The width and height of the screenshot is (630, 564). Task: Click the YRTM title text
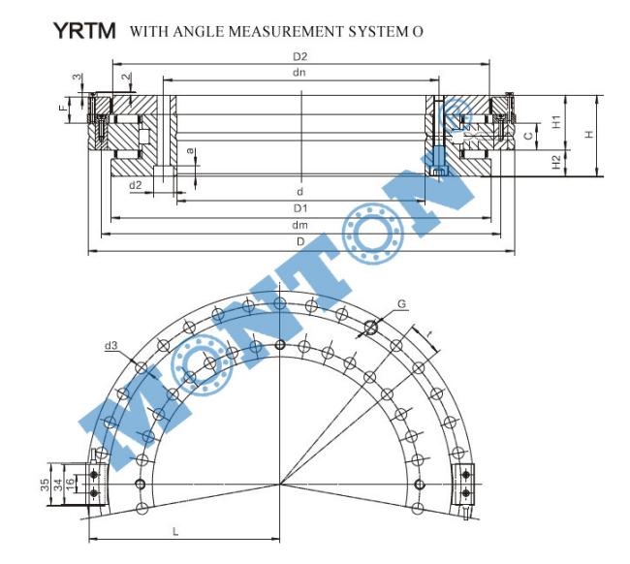[x=84, y=31]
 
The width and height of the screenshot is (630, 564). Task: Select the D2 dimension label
[x=299, y=56]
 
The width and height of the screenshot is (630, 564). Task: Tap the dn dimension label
[x=299, y=73]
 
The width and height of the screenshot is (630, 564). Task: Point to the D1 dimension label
[x=300, y=208]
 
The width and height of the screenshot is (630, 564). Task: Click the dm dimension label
[x=299, y=225]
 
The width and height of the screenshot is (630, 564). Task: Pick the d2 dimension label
[x=136, y=185]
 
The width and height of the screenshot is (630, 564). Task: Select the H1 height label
[x=555, y=122]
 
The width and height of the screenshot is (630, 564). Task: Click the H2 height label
[x=555, y=162]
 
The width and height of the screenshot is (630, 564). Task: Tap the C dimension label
[x=529, y=136]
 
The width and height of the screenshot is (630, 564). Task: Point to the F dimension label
[x=63, y=108]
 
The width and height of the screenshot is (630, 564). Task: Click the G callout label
[x=401, y=303]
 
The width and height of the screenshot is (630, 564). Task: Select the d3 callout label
[x=110, y=345]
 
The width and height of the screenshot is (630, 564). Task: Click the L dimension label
[x=175, y=532]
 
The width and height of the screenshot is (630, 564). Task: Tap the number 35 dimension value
[x=45, y=485]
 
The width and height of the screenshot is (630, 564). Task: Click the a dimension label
[x=191, y=151]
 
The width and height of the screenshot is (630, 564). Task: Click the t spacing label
[x=429, y=333]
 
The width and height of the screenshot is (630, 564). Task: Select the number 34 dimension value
[x=57, y=485]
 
